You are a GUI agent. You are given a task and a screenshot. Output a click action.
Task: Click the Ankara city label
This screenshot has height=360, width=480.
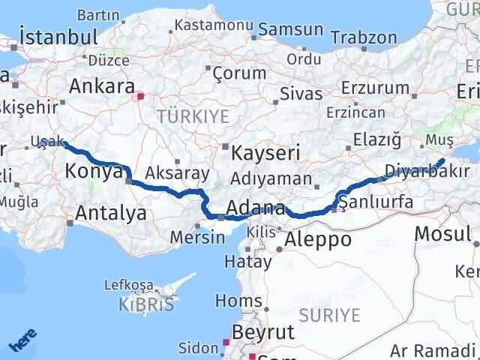coord(101,85)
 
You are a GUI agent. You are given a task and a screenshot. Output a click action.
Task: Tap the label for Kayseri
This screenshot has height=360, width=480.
coord(265,153)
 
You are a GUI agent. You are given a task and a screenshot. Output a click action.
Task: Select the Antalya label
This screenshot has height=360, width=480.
coord(110,214)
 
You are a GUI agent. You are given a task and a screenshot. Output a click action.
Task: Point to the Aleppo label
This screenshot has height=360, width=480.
coord(318,240)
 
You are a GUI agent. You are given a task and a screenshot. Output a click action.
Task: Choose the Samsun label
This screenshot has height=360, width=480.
coord(291,31)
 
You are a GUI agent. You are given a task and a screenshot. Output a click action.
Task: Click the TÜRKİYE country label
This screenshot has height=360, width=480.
coord(181,115)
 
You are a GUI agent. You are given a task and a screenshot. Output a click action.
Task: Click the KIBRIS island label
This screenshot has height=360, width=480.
coord(146,304)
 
